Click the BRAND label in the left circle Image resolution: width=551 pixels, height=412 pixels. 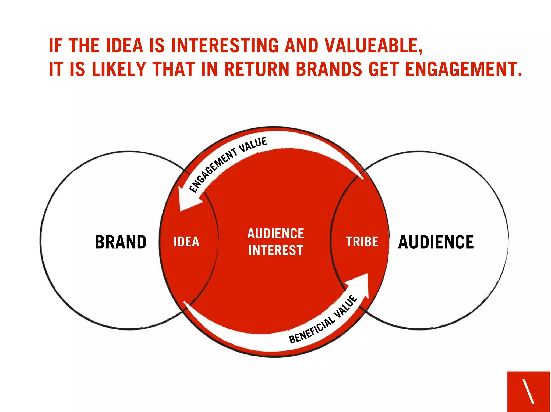(121, 242)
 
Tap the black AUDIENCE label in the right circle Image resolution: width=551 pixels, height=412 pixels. (436, 242)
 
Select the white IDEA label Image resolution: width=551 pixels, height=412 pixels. (186, 242)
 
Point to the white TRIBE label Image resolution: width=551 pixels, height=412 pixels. (362, 242)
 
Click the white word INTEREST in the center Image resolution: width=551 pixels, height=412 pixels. (276, 250)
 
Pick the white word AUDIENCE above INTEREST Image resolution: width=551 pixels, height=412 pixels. (276, 233)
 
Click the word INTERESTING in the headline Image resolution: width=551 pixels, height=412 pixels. (225, 45)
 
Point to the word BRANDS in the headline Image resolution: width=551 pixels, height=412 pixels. (329, 69)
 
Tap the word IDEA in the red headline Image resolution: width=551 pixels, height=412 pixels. (125, 45)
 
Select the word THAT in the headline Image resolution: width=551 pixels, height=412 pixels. (174, 69)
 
